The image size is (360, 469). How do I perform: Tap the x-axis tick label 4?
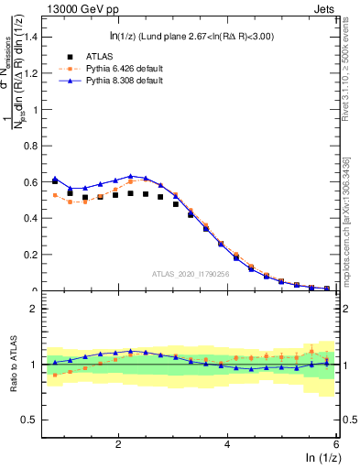click(x=227, y=444)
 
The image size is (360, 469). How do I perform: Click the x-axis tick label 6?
click(x=336, y=444)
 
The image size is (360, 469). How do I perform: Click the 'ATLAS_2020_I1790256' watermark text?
click(x=191, y=274)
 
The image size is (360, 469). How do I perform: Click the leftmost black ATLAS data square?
click(x=55, y=181)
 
